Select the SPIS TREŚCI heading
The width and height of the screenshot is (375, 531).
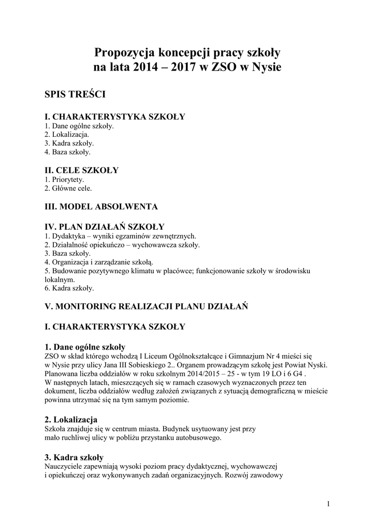[x=76, y=94]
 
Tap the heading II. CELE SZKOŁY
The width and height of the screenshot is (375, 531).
[x=82, y=170]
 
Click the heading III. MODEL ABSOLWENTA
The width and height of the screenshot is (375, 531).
[x=101, y=206]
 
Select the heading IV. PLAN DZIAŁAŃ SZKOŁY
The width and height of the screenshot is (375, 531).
[x=105, y=227]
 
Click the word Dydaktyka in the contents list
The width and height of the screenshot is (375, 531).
[x=68, y=236]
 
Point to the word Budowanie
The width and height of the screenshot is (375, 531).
[x=70, y=271]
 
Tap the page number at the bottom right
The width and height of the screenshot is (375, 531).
[x=328, y=504]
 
